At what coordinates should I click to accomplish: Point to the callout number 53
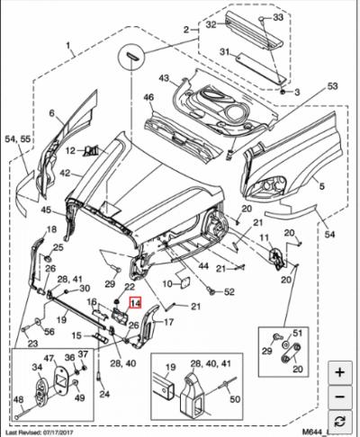pos(333,86)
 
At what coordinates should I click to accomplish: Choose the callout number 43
pos(165,78)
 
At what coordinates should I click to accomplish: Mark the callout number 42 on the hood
pos(66,173)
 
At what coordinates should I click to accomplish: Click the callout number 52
pos(229,291)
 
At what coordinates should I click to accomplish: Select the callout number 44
pos(205,266)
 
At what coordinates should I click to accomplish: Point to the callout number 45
pos(45,210)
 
